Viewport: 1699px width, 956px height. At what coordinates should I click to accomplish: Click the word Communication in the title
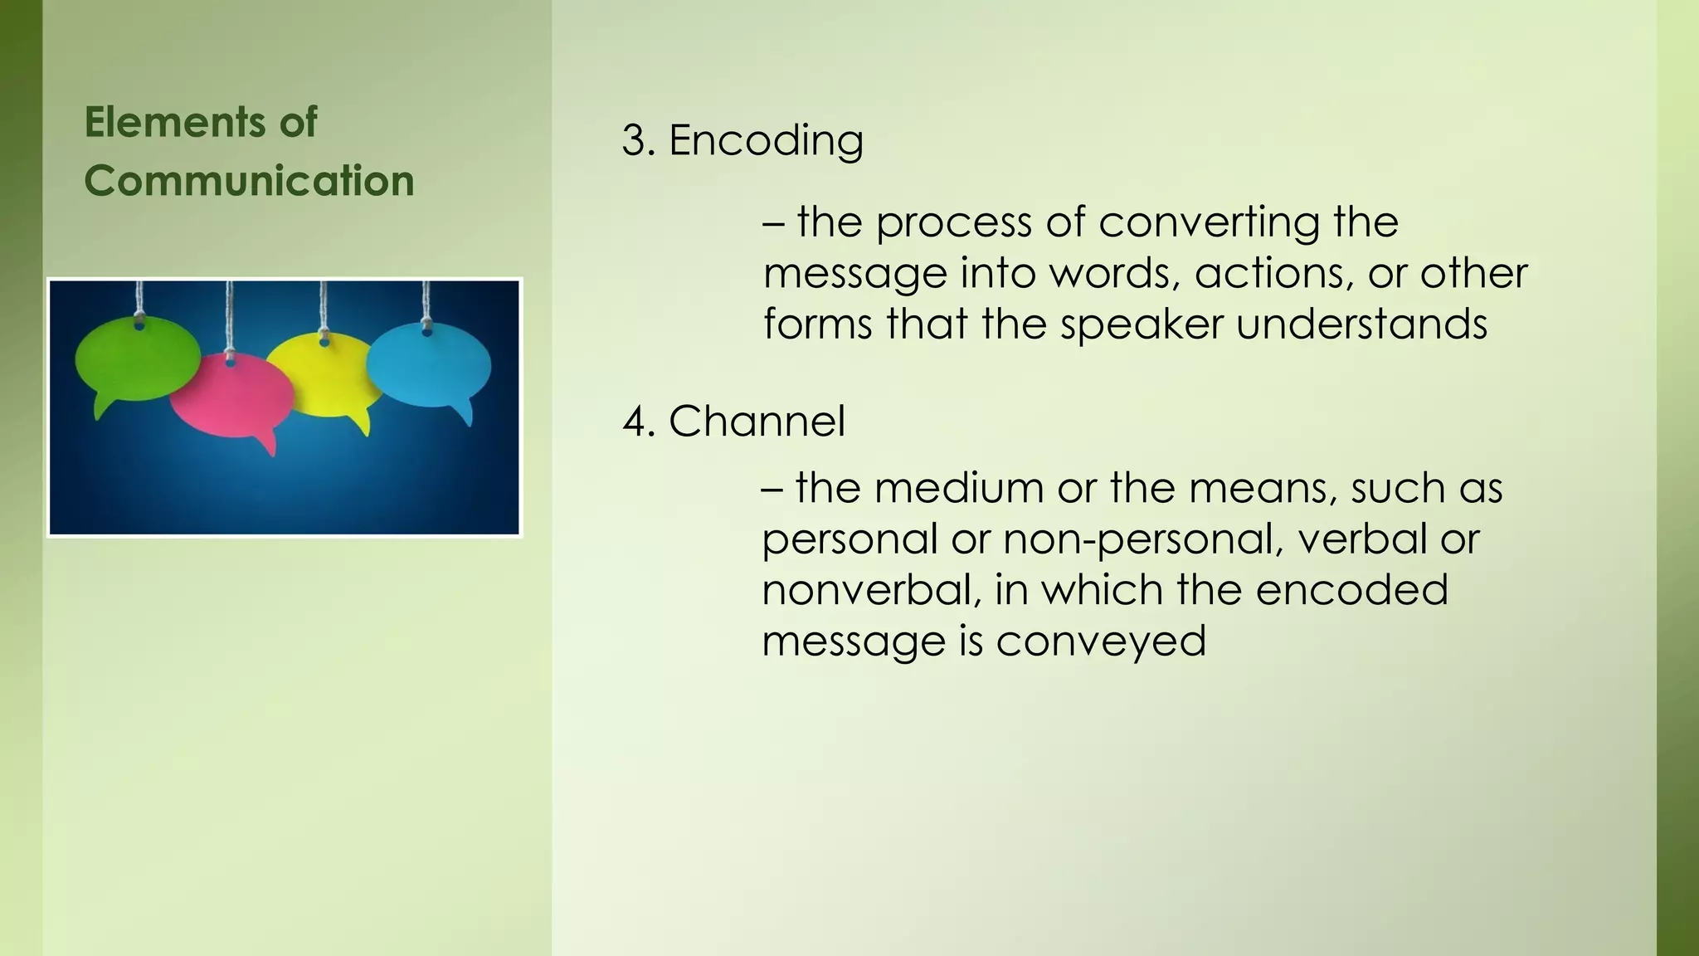(249, 181)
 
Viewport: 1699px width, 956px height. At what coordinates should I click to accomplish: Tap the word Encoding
(765, 139)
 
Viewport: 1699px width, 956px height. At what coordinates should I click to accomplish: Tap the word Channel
(757, 421)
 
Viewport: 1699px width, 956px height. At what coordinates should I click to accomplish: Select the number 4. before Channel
(640, 421)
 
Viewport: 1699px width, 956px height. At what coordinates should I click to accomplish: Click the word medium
(958, 488)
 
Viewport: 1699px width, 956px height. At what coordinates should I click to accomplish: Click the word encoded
(1351, 590)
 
